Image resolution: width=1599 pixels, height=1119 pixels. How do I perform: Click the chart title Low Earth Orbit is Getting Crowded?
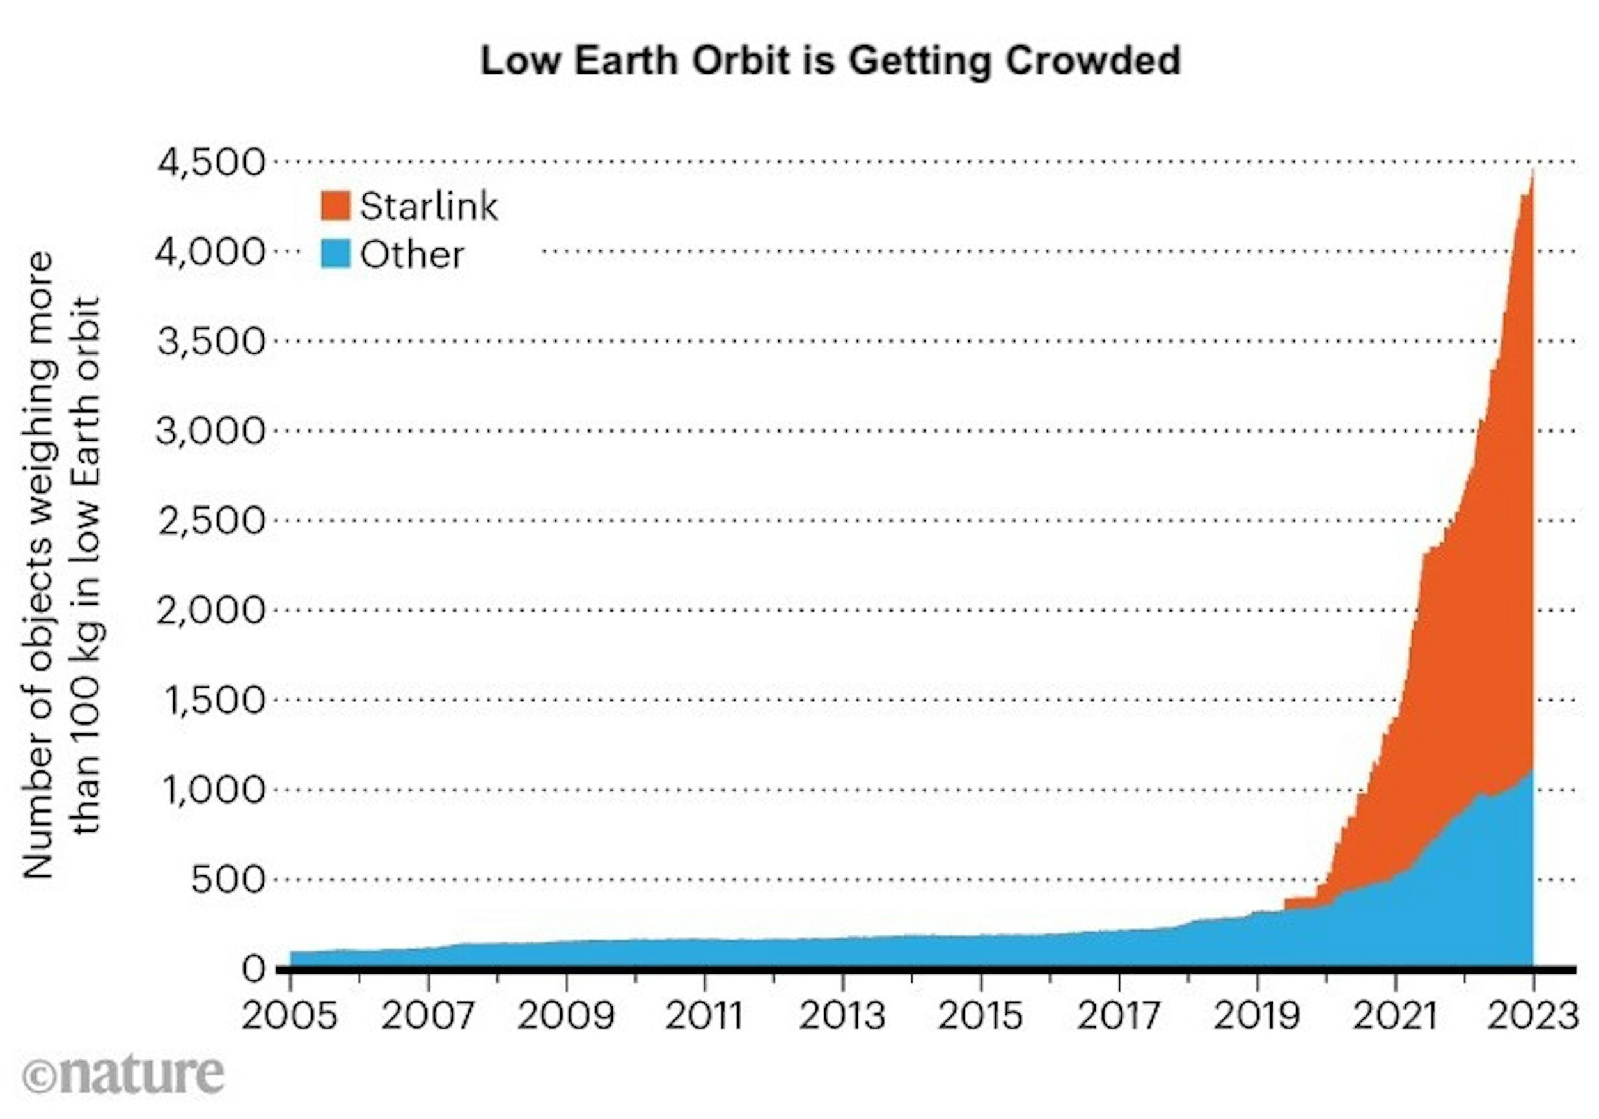click(830, 60)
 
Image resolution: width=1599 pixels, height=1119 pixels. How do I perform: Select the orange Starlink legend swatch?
click(335, 206)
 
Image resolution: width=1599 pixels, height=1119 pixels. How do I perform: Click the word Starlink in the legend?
click(429, 206)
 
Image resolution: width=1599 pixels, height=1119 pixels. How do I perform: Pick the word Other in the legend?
click(412, 255)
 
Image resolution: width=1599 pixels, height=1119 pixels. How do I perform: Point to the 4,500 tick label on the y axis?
click(212, 163)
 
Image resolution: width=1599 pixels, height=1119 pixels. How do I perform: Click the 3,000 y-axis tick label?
click(212, 431)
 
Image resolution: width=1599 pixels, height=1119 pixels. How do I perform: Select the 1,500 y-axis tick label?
click(214, 699)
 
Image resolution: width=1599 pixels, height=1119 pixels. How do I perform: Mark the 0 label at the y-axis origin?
click(253, 969)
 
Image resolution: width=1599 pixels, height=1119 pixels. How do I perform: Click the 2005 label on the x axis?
click(290, 1016)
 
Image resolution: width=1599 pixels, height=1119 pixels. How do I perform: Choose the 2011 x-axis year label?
click(704, 1016)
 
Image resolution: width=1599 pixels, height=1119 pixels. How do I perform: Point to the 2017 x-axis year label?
click(1119, 1016)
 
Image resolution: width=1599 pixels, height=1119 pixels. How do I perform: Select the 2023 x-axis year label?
click(1532, 1016)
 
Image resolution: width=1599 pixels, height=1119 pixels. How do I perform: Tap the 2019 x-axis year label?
click(1257, 1016)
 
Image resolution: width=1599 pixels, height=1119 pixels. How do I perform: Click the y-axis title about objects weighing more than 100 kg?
click(63, 564)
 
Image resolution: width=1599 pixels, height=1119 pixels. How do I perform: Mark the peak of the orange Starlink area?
click(1531, 171)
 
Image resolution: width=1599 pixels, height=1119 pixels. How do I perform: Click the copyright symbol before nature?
click(39, 1078)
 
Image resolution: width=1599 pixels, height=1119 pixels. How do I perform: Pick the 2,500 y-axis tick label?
click(212, 521)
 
